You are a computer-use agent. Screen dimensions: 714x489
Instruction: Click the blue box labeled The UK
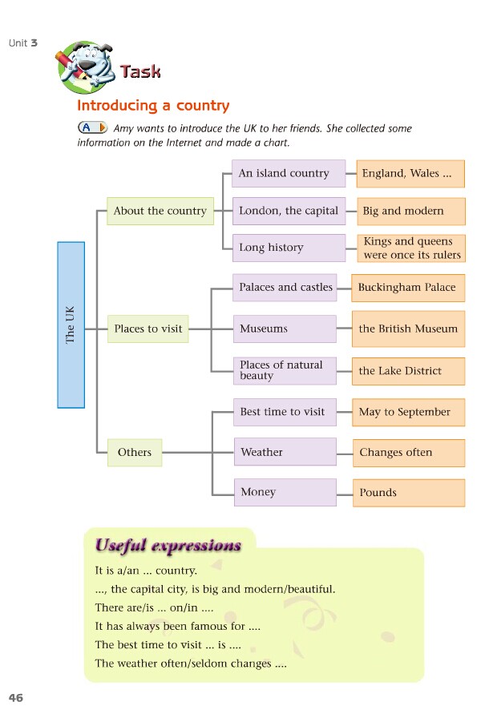(71, 325)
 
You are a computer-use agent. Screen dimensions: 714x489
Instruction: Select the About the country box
(160, 211)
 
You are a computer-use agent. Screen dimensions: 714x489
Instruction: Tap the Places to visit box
(148, 329)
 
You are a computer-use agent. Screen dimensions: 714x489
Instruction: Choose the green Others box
(135, 452)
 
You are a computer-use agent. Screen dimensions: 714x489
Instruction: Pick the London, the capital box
(288, 211)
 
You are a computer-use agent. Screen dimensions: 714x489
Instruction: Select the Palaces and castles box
(285, 287)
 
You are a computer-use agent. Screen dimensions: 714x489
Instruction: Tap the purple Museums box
(285, 329)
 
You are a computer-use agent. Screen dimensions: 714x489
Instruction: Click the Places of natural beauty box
(285, 370)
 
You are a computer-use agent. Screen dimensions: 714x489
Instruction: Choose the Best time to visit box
(285, 412)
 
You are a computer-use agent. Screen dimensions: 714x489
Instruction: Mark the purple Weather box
(285, 452)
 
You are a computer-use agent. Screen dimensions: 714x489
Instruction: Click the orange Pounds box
(409, 493)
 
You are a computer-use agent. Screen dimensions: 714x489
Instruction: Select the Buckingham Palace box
(408, 287)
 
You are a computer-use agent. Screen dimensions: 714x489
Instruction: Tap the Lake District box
(409, 371)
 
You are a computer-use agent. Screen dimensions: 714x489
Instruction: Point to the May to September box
(409, 412)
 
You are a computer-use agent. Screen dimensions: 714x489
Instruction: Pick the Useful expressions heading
(168, 546)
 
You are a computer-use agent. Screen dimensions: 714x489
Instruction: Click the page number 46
(16, 698)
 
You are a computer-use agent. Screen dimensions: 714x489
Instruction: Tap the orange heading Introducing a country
(153, 106)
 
